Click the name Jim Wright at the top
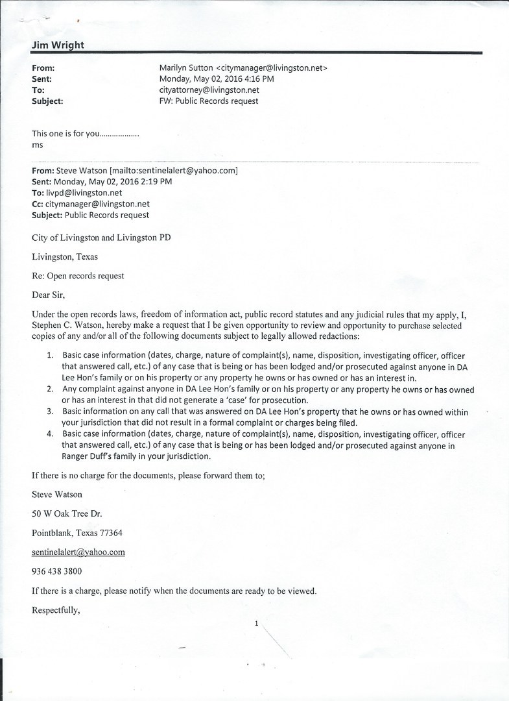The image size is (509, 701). pos(58,45)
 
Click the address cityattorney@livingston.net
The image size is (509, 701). pos(209,90)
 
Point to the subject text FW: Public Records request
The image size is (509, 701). pos(209,101)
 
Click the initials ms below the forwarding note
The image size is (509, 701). pos(37,145)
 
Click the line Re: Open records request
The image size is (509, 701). pos(78,276)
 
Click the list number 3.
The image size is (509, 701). pos(50,412)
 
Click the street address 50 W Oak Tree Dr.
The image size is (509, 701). pos(67,513)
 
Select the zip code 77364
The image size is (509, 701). pos(109,533)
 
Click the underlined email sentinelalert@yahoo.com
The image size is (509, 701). pos(78,552)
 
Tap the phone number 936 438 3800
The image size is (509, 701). pos(57,571)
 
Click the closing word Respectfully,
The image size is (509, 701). pos(56,610)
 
